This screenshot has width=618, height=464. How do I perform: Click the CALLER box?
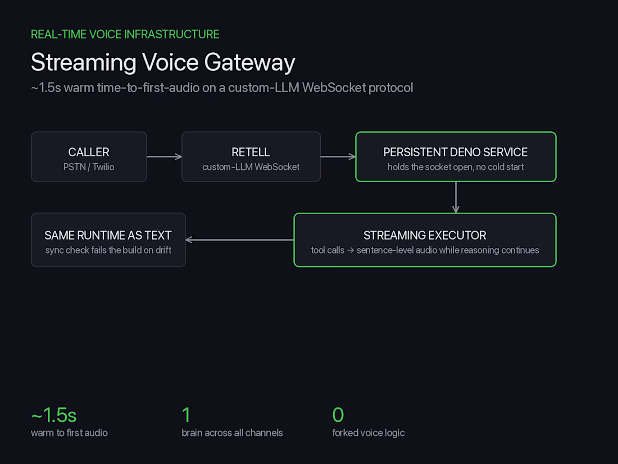tap(89, 157)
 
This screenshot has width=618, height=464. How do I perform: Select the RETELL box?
tap(251, 157)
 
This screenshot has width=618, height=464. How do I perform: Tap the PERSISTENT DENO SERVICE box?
tap(456, 157)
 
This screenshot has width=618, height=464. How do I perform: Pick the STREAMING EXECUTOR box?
tap(425, 240)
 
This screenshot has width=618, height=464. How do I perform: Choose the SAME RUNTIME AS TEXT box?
tap(108, 240)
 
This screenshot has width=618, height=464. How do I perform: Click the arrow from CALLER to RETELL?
tap(165, 157)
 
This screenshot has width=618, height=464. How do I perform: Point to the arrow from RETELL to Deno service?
tap(338, 157)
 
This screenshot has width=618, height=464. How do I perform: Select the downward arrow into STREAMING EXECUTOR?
tap(456, 197)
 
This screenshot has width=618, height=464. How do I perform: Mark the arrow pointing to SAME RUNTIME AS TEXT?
tap(240, 240)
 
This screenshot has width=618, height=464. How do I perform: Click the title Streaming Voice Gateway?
tap(163, 62)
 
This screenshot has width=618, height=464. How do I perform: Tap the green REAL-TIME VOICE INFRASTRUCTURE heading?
tap(125, 34)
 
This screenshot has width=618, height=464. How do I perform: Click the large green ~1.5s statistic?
tap(53, 415)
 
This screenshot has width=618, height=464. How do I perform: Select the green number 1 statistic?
tap(186, 415)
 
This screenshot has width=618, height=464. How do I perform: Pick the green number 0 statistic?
tap(338, 415)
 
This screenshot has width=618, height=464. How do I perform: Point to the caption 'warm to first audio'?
tap(69, 433)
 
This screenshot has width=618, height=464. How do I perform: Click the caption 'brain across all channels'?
tap(232, 433)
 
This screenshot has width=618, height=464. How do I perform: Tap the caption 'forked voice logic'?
tap(369, 433)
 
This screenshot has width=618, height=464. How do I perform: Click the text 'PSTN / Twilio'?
tap(89, 167)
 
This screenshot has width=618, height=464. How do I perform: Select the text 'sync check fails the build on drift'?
tap(108, 250)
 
